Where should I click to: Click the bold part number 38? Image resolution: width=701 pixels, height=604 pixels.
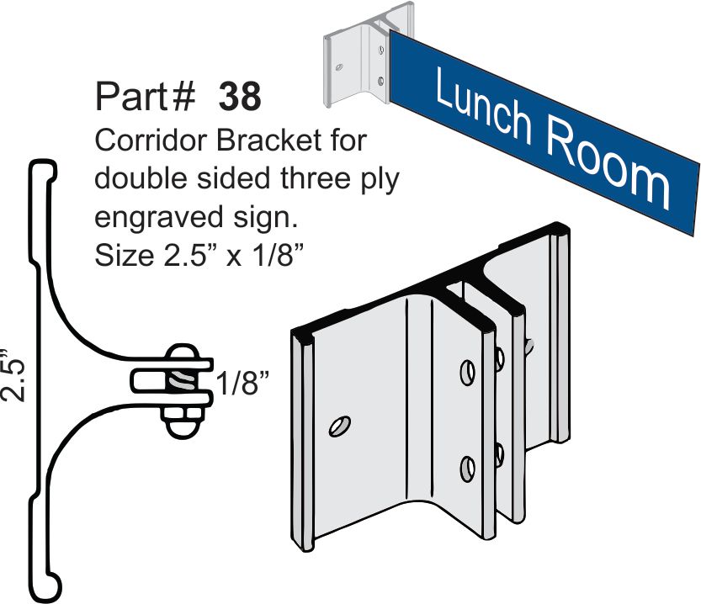click(240, 97)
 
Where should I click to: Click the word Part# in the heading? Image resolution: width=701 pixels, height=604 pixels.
click(146, 97)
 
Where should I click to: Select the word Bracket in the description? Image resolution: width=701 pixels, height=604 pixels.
click(269, 140)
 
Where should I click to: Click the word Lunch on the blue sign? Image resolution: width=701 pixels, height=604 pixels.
click(483, 105)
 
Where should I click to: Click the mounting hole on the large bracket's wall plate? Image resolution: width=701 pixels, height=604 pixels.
click(339, 427)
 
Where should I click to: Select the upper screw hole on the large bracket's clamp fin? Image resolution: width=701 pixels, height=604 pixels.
click(468, 372)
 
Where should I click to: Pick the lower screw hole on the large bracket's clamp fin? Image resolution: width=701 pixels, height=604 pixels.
click(468, 469)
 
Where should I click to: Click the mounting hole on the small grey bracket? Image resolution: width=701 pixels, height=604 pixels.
click(339, 67)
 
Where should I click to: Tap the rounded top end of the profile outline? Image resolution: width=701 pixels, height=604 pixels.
click(43, 169)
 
